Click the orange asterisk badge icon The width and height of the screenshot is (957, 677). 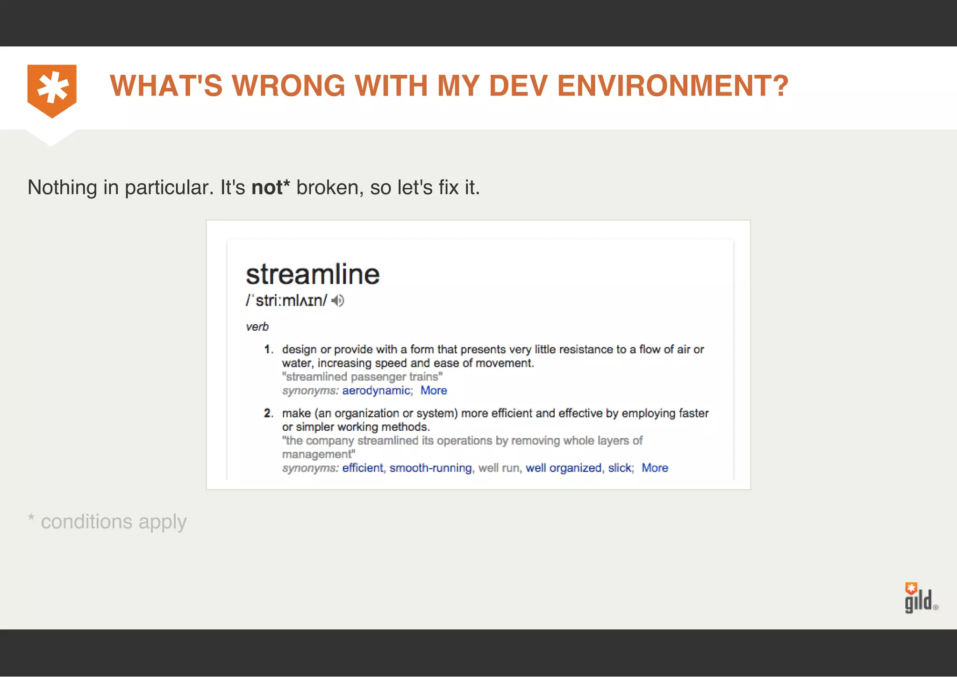[52, 89]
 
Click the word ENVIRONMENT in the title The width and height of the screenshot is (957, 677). [672, 86]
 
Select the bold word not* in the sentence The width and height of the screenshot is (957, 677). [270, 187]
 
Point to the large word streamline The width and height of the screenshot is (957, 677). [313, 274]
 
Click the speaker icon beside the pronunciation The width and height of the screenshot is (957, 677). [338, 300]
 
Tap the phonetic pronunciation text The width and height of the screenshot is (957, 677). [286, 300]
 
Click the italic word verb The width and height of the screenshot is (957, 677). [257, 327]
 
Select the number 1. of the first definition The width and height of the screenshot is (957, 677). [269, 349]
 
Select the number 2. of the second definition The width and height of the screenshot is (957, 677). [269, 413]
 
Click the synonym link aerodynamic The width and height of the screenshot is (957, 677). [376, 391]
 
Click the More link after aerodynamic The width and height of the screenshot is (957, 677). [434, 391]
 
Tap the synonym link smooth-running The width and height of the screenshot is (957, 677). [430, 468]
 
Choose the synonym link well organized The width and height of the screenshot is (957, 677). [564, 468]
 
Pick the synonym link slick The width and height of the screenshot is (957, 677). [620, 468]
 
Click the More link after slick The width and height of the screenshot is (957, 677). [655, 468]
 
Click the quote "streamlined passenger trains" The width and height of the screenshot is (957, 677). [362, 377]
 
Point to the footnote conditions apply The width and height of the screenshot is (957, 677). [114, 522]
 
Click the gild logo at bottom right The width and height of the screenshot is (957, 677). [919, 599]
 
